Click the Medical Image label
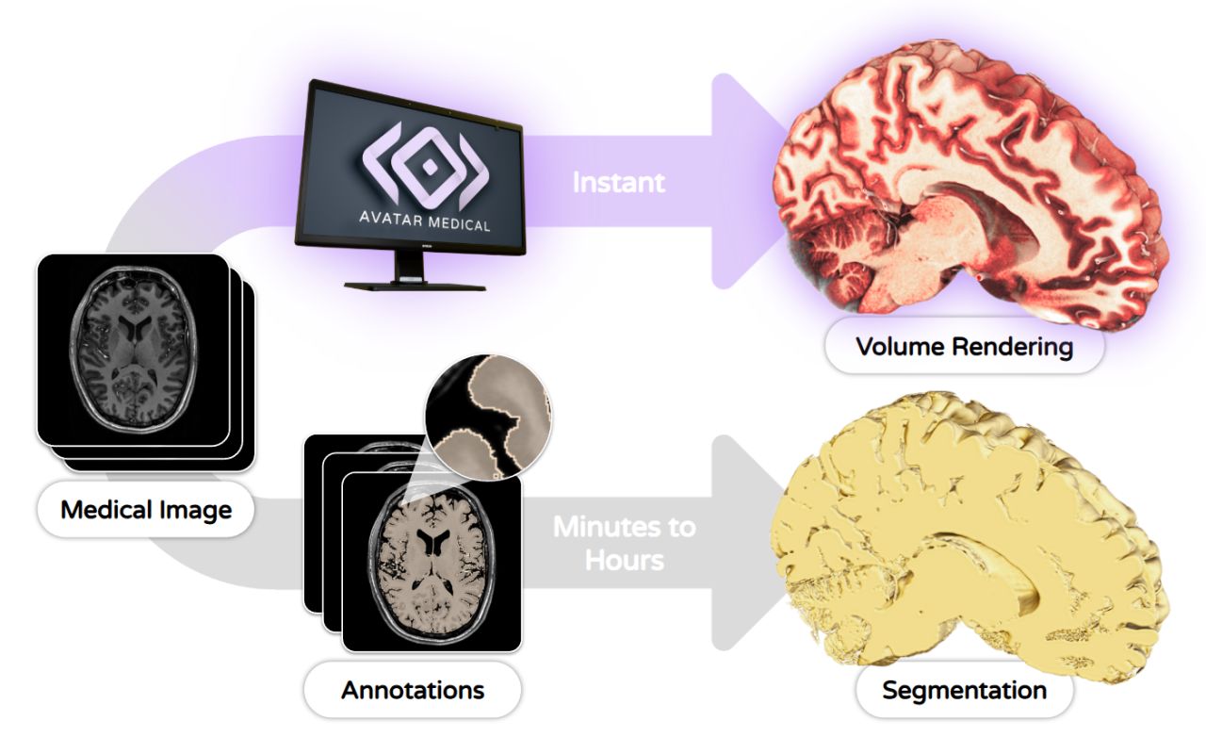(146, 510)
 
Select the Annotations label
(413, 689)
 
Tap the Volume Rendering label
(964, 346)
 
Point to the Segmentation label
(964, 690)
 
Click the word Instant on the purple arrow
(618, 182)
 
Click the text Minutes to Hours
(624, 542)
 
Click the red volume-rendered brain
(970, 188)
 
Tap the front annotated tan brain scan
(432, 562)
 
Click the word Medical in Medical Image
(102, 510)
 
